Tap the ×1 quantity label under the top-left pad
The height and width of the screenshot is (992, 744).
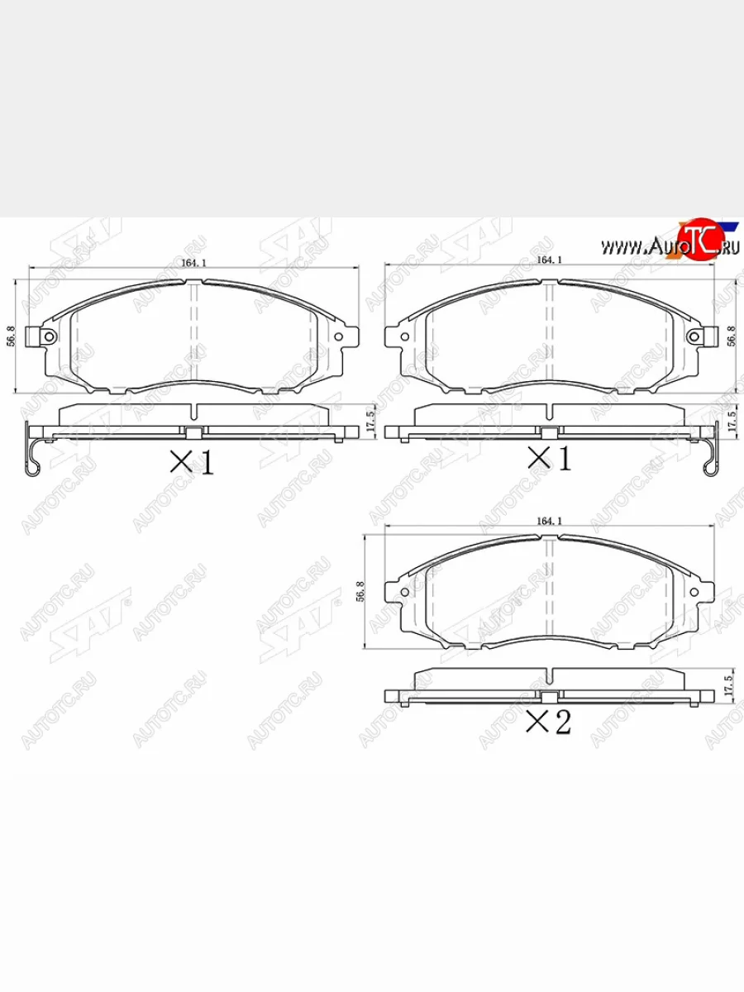point(192,461)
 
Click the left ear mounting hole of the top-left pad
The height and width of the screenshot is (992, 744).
point(49,336)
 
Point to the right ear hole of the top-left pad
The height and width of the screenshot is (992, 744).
point(339,336)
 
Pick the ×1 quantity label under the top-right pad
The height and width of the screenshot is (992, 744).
point(550,458)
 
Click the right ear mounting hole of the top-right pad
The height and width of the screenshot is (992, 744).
point(696,336)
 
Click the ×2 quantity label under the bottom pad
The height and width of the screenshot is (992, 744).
point(549,723)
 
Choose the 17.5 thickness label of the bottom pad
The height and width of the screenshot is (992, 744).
point(729,685)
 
